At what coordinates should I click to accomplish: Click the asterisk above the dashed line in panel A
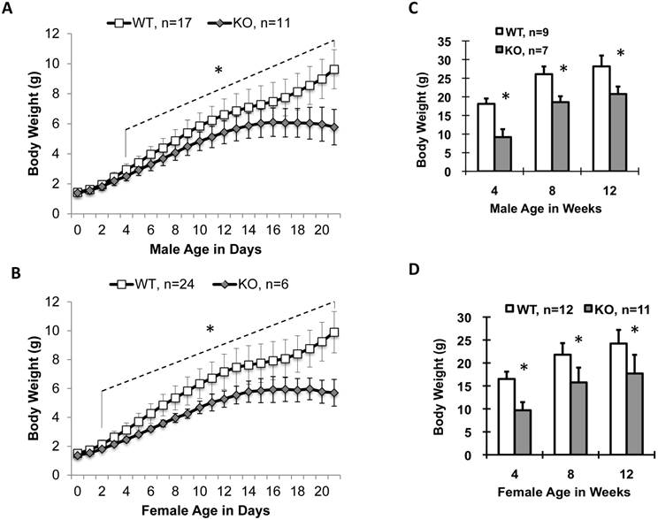pos(218,69)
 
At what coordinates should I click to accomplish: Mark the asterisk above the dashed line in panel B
pos(210,330)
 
